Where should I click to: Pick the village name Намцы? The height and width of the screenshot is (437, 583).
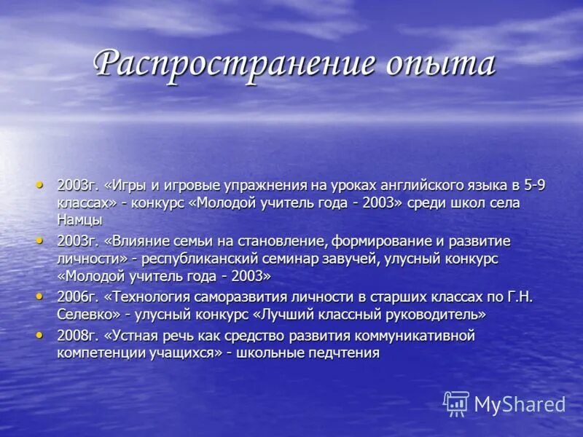point(79,219)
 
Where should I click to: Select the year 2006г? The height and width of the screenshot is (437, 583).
point(77,297)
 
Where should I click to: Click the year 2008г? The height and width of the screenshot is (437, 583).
point(77,336)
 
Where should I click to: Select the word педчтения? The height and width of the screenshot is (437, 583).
point(343,353)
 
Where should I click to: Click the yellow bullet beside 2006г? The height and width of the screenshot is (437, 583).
point(40,295)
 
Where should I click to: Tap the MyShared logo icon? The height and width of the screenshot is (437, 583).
point(456,403)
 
